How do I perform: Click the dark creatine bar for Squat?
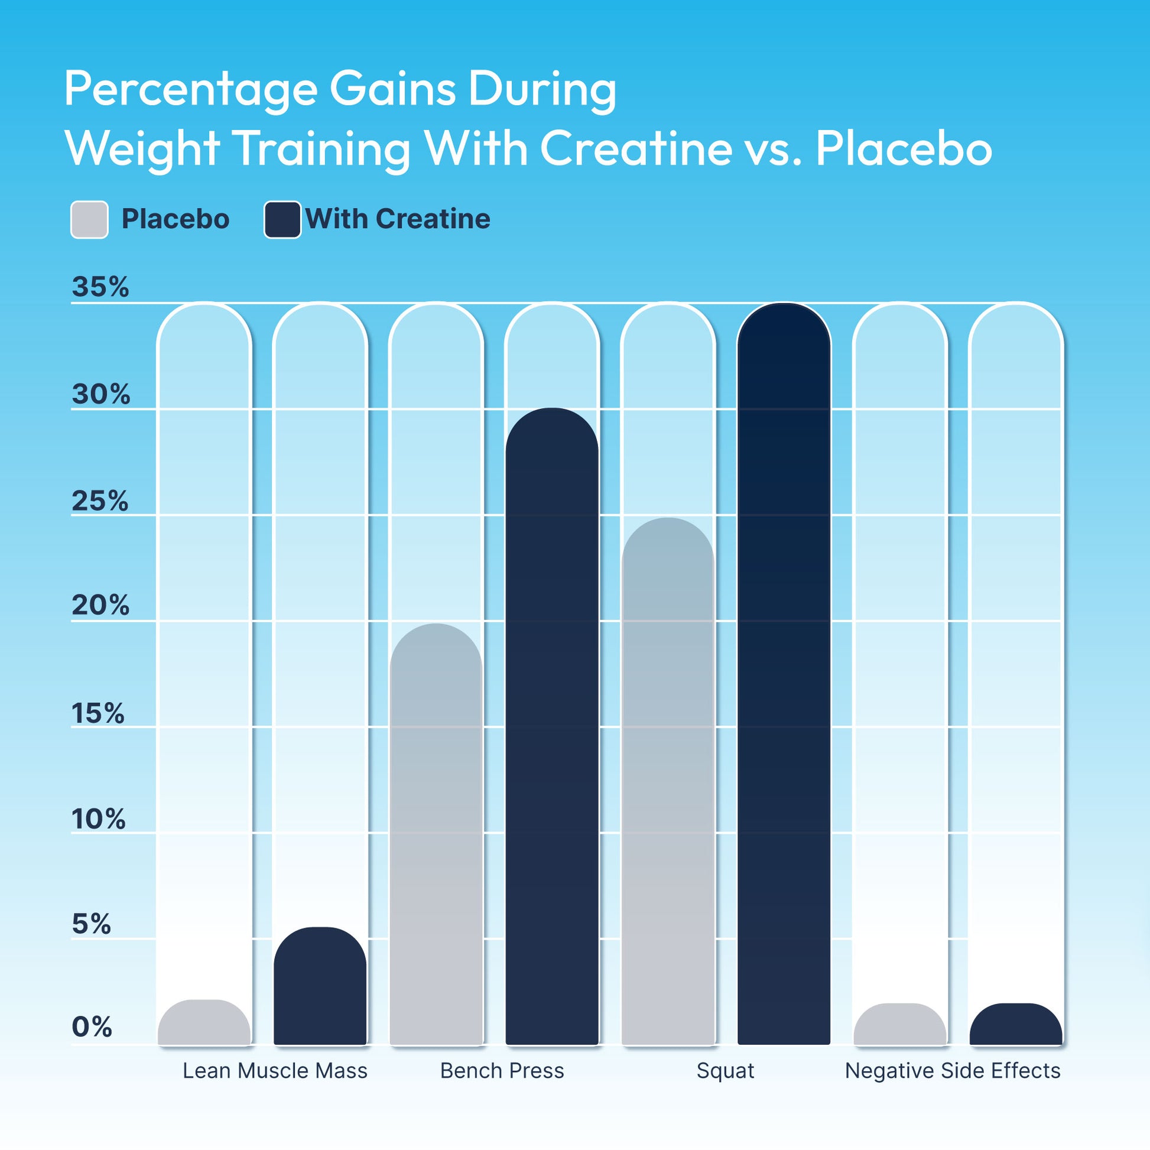[784, 673]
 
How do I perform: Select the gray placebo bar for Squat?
[667, 779]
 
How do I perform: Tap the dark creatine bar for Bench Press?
[552, 726]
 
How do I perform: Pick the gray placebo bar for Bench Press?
[436, 833]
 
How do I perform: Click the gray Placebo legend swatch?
[89, 220]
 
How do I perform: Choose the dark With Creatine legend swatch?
[282, 220]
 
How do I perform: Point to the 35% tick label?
[100, 287]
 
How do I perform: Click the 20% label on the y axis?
[100, 605]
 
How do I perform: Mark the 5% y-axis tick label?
[91, 924]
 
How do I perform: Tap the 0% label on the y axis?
[92, 1027]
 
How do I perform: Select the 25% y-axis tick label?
[100, 501]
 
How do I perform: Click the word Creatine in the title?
[635, 148]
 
